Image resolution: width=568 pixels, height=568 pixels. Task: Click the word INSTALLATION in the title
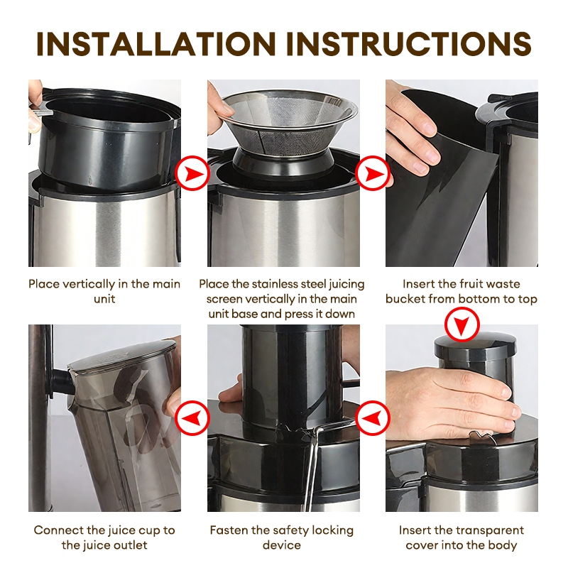click(x=156, y=44)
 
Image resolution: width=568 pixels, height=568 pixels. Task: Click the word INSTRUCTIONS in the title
click(x=409, y=44)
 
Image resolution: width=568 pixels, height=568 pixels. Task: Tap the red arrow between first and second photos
click(x=192, y=173)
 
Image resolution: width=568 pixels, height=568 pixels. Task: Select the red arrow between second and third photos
click(x=372, y=173)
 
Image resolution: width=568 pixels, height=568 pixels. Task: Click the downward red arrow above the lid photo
click(x=462, y=324)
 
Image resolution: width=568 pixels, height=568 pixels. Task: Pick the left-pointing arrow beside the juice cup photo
click(x=192, y=417)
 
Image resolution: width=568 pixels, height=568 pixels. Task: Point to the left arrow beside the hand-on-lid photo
click(x=372, y=417)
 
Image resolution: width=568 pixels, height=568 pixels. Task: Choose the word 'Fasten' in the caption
click(x=228, y=530)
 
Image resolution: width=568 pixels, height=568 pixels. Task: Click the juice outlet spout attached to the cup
click(x=62, y=383)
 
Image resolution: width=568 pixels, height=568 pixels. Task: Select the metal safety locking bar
click(x=312, y=467)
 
